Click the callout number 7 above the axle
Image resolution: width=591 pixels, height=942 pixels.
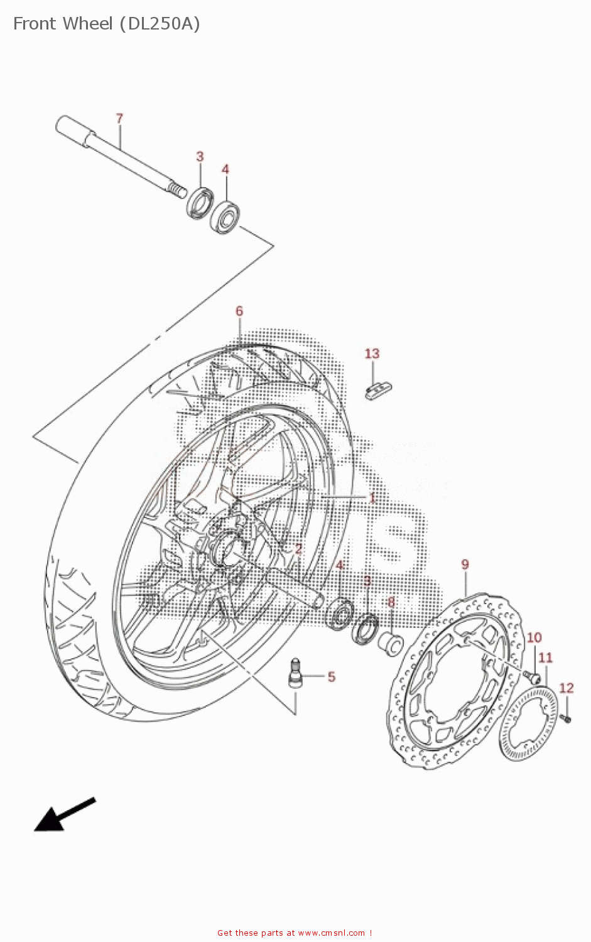coord(119,118)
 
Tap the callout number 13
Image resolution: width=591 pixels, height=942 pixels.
coord(372,354)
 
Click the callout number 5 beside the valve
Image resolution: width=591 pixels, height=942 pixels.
coord(331,676)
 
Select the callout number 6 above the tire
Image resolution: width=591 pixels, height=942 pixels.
coord(239,311)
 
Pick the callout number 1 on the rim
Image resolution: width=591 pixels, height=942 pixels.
coord(372,498)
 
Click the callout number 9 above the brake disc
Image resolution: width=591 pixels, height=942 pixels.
coord(465,564)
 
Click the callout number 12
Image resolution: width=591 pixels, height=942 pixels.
coord(566,688)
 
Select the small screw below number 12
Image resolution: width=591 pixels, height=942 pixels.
coord(566,717)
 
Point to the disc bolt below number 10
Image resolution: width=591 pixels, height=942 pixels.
coord(532,676)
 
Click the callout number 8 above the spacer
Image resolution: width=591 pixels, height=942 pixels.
coord(391,603)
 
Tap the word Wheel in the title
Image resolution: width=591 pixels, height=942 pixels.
coord(80,24)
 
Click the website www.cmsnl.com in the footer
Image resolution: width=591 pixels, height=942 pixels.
coord(331,933)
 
